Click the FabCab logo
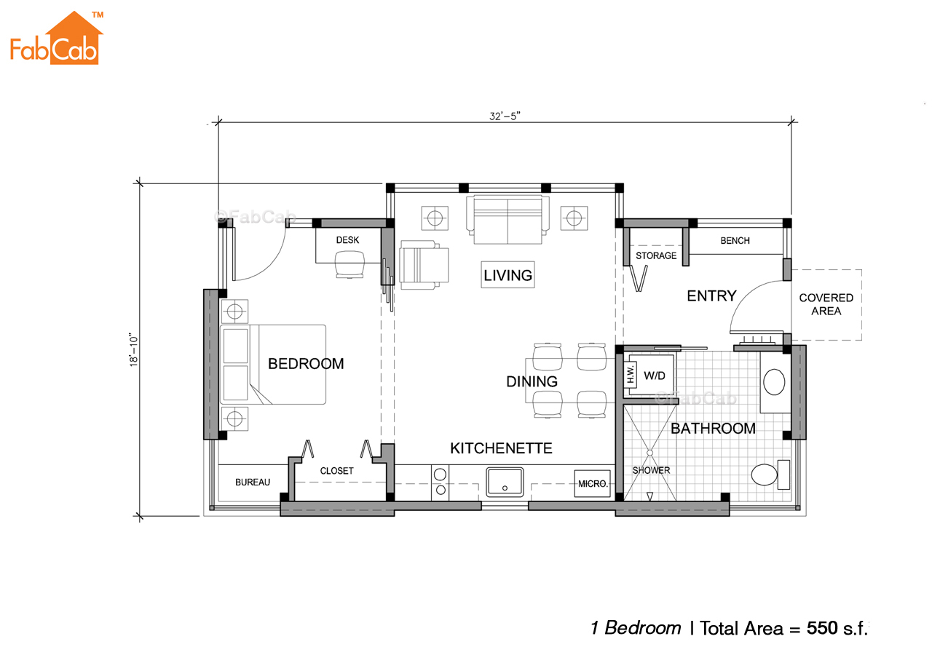pos(57,38)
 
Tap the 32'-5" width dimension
pos(505,116)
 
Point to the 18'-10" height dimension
pos(133,350)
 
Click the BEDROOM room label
pos(306,364)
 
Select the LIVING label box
pos(508,275)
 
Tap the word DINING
pos(532,381)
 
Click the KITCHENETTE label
pos(501,448)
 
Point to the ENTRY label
pos(711,296)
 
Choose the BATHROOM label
pos(713,429)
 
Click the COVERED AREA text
pos(826,304)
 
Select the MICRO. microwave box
pos(593,484)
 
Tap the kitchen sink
pos(505,482)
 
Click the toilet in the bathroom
pos(770,475)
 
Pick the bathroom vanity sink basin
pos(774,382)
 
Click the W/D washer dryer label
pos(654,376)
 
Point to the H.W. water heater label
pos(631,374)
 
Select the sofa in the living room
pos(508,220)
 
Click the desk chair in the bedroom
pos(349,264)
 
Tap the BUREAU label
pos(253,482)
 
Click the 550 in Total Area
pos(822,628)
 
